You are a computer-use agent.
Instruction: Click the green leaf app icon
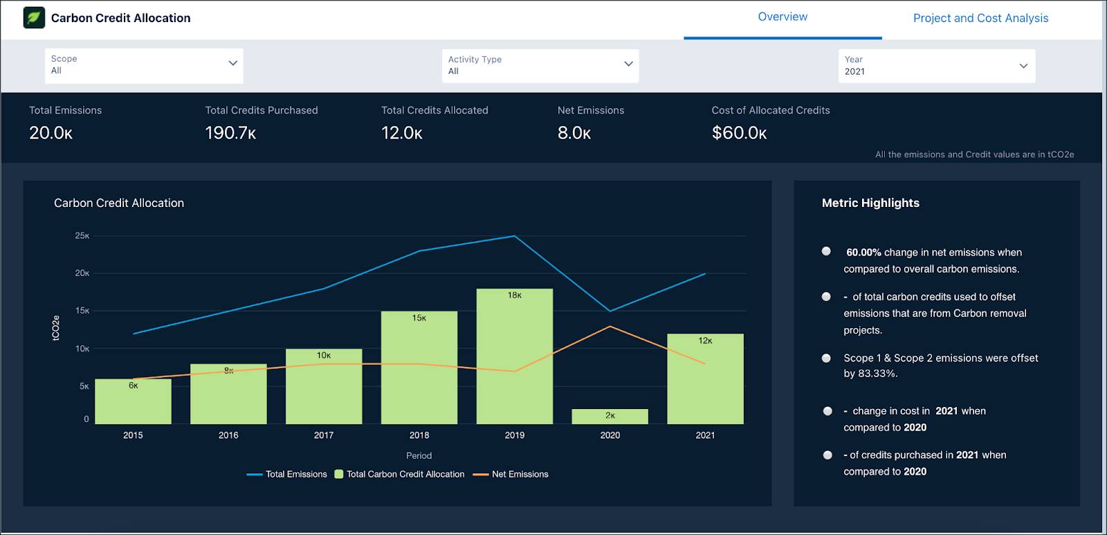[x=34, y=18]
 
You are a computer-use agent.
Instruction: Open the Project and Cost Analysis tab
[x=980, y=18]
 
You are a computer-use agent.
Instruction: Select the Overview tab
[x=782, y=17]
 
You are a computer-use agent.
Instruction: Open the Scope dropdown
[x=144, y=65]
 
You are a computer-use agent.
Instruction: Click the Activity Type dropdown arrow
[x=628, y=64]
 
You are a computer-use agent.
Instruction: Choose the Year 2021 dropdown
[x=936, y=66]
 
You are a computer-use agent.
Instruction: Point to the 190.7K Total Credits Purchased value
[x=230, y=133]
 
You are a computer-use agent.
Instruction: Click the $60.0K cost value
[x=739, y=133]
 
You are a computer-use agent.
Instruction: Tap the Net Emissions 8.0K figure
[x=574, y=133]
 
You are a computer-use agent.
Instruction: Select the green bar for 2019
[x=514, y=360]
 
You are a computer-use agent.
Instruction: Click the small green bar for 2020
[x=610, y=417]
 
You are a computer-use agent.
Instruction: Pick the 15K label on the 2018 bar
[x=419, y=318]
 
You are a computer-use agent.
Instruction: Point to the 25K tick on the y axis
[x=82, y=236]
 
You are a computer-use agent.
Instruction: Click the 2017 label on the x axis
[x=323, y=435]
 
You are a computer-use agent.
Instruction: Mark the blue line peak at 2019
[x=514, y=236]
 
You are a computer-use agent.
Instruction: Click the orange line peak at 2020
[x=610, y=327]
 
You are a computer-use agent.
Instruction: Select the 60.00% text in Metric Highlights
[x=863, y=253]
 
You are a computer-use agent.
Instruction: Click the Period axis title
[x=419, y=455]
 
